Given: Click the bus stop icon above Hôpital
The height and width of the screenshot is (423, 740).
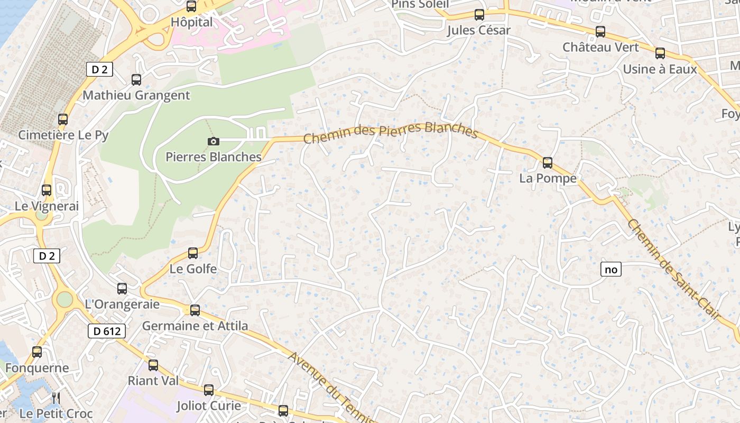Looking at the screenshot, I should (x=191, y=6).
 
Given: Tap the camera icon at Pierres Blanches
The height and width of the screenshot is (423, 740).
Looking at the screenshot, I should (x=214, y=141).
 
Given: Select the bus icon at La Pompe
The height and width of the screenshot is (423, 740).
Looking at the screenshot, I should (x=548, y=162).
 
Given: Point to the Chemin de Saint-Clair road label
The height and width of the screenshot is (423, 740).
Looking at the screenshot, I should (x=674, y=270).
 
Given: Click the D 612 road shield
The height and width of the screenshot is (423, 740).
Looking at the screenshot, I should (x=107, y=332).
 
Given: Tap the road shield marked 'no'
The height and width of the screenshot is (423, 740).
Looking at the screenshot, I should (x=610, y=270).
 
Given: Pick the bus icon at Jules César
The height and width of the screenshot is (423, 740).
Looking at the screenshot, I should (x=479, y=15).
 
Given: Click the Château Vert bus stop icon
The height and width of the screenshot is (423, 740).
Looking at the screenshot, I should (x=600, y=32).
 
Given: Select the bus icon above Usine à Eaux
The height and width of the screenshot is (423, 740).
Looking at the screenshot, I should (x=660, y=53).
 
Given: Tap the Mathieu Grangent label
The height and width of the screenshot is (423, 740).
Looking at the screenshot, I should (x=136, y=96).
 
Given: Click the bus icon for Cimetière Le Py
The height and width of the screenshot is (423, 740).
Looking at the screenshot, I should (x=63, y=119).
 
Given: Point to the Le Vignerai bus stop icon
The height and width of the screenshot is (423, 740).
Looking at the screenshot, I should (x=47, y=190).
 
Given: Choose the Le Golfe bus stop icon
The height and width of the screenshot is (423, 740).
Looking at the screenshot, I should (x=193, y=253).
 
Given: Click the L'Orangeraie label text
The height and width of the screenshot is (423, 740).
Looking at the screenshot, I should (x=122, y=304).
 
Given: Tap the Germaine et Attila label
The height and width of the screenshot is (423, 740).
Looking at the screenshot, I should (x=195, y=326).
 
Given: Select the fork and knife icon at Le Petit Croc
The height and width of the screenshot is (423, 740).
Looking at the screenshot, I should (x=56, y=398).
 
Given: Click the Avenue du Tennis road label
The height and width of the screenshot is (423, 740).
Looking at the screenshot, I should (x=330, y=387).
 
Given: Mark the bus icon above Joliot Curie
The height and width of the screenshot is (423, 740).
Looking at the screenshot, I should (x=209, y=390).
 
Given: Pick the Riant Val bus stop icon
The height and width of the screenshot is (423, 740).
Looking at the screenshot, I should (x=153, y=365).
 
